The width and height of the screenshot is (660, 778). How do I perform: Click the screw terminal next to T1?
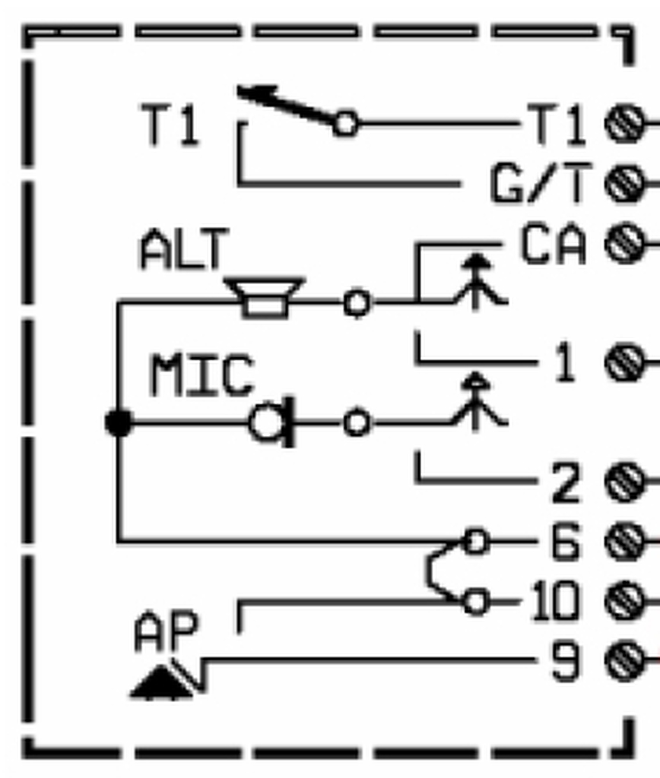point(624,124)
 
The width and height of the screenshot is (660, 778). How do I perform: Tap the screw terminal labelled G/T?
point(624,184)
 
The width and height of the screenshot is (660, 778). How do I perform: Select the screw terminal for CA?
point(624,245)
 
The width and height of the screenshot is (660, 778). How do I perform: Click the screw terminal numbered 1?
point(624,362)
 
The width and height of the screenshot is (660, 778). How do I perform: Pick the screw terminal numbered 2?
point(624,482)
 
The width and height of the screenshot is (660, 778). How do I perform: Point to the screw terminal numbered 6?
point(624,542)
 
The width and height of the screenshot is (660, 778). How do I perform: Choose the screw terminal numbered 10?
point(624,602)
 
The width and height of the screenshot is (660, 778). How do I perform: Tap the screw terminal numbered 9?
point(624,662)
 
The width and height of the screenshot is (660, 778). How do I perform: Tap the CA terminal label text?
point(554,245)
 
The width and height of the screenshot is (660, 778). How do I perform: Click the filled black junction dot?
point(119,422)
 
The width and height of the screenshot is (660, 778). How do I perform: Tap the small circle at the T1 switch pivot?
point(345,123)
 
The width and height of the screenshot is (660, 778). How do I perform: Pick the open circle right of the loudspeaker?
point(357,302)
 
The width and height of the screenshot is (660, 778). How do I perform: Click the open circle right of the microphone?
point(357,422)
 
